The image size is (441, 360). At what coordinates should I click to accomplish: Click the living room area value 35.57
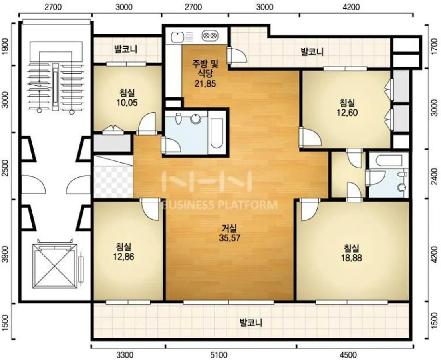pos(230,238)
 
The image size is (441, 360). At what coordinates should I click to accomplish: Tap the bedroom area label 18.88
pos(351,258)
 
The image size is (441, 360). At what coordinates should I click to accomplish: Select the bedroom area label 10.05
pos(127,103)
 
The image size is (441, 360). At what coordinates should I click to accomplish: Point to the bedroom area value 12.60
pos(347,113)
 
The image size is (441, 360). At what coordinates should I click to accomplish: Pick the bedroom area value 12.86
pos(123,257)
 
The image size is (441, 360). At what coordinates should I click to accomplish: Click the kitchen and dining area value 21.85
pos(205,84)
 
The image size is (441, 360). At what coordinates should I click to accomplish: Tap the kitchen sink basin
pos(177,36)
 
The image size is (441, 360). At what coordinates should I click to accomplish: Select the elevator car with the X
pos(54,266)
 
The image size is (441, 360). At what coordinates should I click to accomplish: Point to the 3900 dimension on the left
pos(5,254)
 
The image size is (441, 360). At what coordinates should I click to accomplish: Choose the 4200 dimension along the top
pos(351,7)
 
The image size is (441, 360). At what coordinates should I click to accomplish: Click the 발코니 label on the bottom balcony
pos(251,323)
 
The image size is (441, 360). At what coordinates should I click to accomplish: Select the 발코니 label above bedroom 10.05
pos(125,49)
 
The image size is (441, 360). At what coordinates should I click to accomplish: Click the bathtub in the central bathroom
pos(217,133)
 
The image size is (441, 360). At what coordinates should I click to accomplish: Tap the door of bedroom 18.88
pos(310,210)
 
